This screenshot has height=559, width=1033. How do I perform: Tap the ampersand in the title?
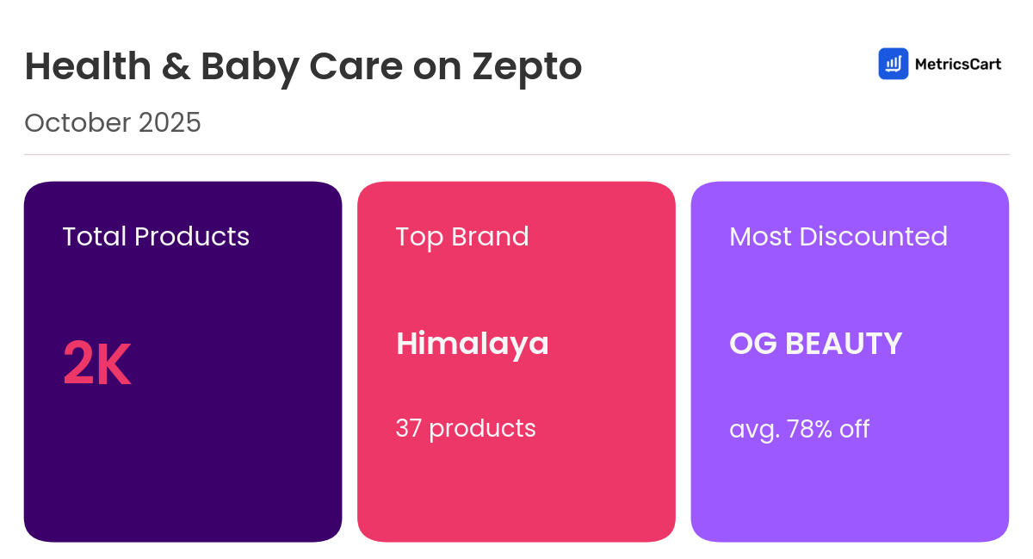(x=175, y=66)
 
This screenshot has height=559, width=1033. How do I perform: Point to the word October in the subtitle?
(x=77, y=123)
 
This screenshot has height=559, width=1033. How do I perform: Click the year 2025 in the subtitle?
(x=170, y=123)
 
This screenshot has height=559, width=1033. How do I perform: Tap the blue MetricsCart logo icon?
(x=893, y=64)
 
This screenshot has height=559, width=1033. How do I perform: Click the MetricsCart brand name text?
(x=958, y=64)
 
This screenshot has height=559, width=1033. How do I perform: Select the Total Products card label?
(x=156, y=236)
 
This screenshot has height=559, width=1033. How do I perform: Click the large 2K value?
(x=96, y=365)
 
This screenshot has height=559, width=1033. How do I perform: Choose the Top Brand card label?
(x=462, y=236)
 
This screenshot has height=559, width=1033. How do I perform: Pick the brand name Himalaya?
(x=472, y=344)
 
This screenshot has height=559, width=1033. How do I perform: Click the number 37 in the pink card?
(x=408, y=428)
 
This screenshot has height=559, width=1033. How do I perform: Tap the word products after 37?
(x=482, y=428)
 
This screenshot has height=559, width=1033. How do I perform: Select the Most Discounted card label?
(x=838, y=236)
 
